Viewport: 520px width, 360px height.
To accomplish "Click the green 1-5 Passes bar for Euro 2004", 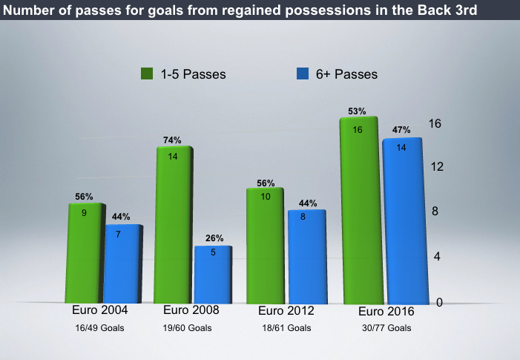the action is [85, 253].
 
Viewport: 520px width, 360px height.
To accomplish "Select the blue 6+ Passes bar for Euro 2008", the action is [213, 275].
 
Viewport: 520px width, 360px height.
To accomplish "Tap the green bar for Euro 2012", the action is [266, 246].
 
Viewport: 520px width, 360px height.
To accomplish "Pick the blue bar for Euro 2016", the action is [405, 221].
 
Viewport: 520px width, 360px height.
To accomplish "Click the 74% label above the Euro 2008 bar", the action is [172, 140].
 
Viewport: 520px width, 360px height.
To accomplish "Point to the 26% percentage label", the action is [214, 238].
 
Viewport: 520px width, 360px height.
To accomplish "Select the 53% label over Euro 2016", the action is [357, 111].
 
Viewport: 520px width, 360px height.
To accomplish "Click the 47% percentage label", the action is [401, 130].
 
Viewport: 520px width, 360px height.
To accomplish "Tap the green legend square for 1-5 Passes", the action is [147, 73].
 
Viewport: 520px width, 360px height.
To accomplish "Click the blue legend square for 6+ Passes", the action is [303, 73].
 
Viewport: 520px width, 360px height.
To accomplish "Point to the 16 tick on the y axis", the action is [435, 124].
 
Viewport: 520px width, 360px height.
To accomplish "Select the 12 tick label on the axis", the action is [437, 166].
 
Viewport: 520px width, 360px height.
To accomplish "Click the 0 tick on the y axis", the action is [439, 302].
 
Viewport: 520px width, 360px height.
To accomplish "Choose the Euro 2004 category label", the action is [100, 310].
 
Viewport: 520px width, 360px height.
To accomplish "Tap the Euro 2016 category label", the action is [386, 311].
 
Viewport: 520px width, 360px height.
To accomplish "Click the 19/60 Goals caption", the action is [187, 328].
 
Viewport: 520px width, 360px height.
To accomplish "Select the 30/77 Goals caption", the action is [386, 328].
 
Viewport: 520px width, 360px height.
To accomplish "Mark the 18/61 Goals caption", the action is [286, 328].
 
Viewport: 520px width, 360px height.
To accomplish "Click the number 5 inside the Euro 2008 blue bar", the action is [213, 252].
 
